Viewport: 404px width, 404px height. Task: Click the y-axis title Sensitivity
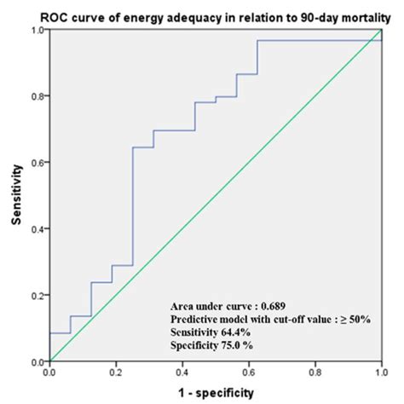click(x=15, y=195)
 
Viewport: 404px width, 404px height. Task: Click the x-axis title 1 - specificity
click(x=215, y=393)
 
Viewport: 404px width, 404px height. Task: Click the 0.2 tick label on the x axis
click(x=116, y=372)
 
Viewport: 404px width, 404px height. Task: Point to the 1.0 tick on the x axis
click(x=380, y=372)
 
